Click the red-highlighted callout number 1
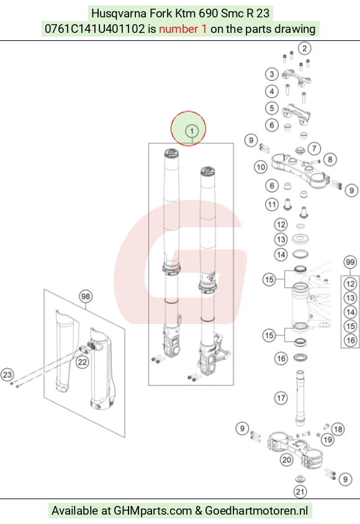pyautogui.click(x=192, y=131)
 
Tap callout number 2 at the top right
pyautogui.click(x=304, y=48)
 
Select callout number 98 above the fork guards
pyautogui.click(x=86, y=296)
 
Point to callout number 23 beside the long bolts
pyautogui.click(x=7, y=374)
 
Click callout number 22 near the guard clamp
pyautogui.click(x=82, y=362)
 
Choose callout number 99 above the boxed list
pyautogui.click(x=350, y=263)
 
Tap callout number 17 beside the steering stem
pyautogui.click(x=281, y=398)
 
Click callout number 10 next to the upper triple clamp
pyautogui.click(x=261, y=167)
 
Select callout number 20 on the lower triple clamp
pyautogui.click(x=287, y=460)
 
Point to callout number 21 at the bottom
pyautogui.click(x=300, y=492)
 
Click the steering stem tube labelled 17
pyautogui.click(x=300, y=398)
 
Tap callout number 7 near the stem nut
pyautogui.click(x=314, y=148)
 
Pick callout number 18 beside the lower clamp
pyautogui.click(x=338, y=429)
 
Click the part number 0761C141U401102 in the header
pyautogui.click(x=95, y=29)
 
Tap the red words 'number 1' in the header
pyautogui.click(x=182, y=29)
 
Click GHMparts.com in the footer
pyautogui.click(x=153, y=511)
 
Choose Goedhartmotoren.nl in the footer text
pyautogui.click(x=256, y=510)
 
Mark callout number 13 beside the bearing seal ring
pyautogui.click(x=281, y=239)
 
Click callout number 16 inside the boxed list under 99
pyautogui.click(x=350, y=340)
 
